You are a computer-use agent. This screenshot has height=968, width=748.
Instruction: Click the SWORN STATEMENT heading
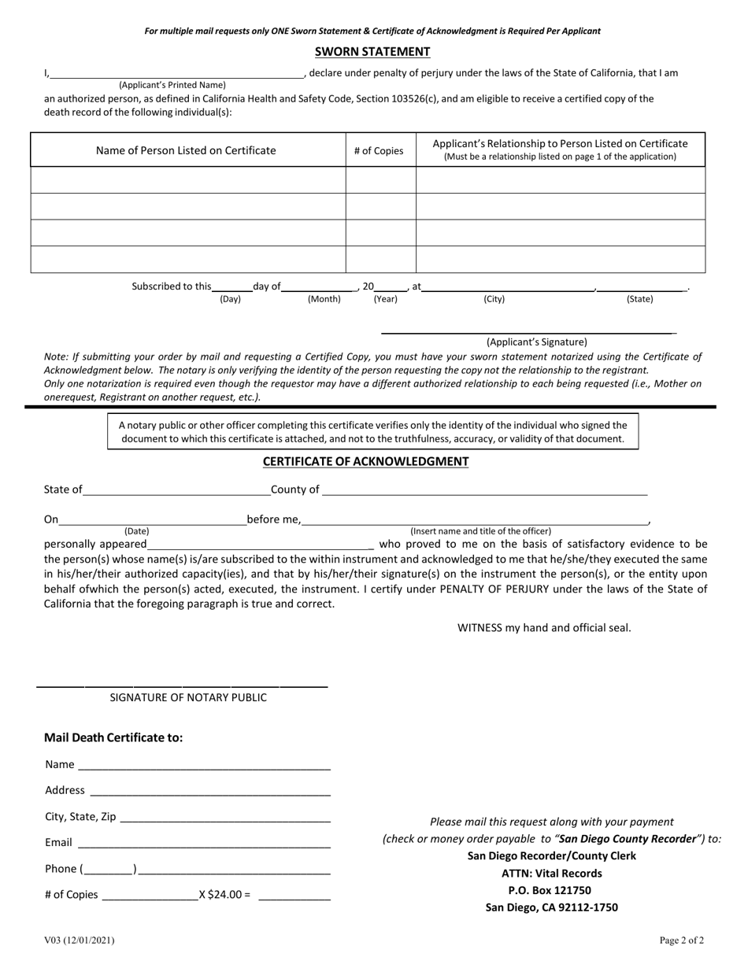[372, 52]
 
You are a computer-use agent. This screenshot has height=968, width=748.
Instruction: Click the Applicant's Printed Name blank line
[176, 74]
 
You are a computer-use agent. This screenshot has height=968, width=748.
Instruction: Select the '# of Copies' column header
[379, 150]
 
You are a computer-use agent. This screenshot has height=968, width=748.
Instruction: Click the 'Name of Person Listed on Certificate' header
[186, 150]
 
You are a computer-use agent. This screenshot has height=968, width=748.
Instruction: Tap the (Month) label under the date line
[324, 300]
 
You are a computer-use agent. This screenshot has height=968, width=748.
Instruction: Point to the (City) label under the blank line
[494, 300]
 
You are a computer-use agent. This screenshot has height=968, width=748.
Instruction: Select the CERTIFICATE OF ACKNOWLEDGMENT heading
[365, 462]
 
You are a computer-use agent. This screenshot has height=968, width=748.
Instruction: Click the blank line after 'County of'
[484, 491]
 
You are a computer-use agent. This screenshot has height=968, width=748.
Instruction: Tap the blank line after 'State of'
[176, 491]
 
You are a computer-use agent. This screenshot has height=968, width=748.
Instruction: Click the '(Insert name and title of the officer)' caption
[480, 531]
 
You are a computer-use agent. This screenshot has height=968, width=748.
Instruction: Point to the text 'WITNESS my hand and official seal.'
[544, 628]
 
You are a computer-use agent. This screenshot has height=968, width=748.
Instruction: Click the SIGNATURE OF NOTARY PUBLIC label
[187, 697]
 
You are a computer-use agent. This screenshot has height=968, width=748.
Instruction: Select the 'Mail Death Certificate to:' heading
[113, 738]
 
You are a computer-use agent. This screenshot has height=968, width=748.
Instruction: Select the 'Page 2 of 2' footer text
[682, 940]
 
